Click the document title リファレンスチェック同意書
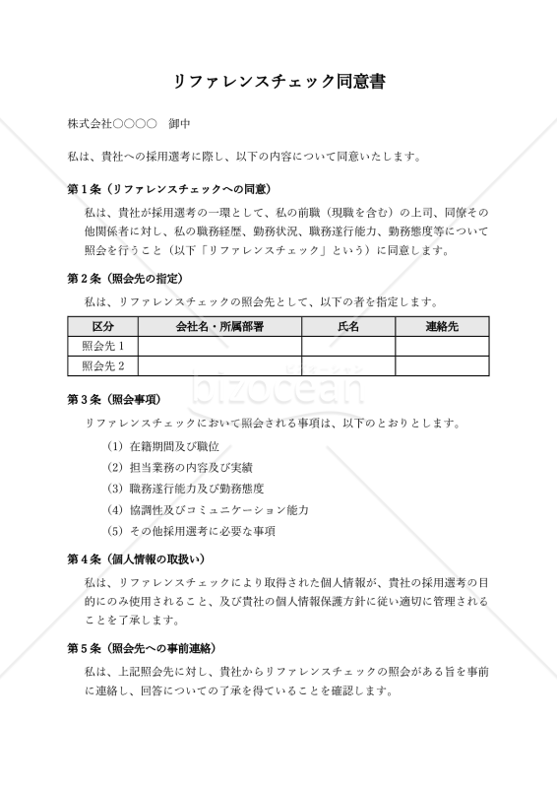click(278, 82)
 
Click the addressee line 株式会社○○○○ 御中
click(129, 125)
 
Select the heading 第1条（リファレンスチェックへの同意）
click(168, 188)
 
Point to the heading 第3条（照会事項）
click(114, 400)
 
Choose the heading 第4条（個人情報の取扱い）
click(136, 558)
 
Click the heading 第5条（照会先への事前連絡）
click(142, 648)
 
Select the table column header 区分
click(103, 326)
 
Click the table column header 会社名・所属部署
click(219, 326)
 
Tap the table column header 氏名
click(348, 326)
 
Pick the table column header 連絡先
click(442, 326)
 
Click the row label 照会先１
click(103, 346)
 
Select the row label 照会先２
click(103, 365)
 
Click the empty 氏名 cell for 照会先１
click(348, 346)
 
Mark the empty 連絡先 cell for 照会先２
click(442, 365)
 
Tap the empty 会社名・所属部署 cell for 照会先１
click(219, 346)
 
